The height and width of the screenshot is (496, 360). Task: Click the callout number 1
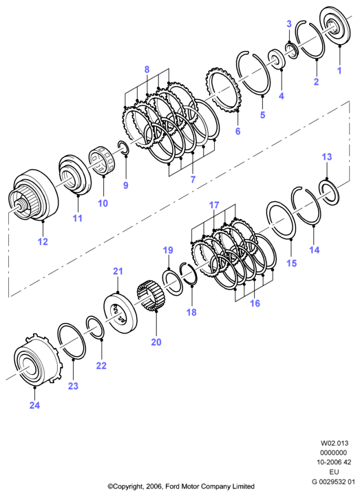tap(339, 70)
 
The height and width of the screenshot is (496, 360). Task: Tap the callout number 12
tap(43, 242)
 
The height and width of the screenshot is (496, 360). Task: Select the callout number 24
tap(35, 405)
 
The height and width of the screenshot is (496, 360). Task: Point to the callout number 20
tap(156, 342)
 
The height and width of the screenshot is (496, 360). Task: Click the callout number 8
tap(147, 70)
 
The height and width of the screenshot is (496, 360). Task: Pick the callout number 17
tap(214, 205)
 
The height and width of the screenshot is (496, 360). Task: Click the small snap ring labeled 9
tap(123, 148)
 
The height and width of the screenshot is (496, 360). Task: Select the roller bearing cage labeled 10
tap(103, 160)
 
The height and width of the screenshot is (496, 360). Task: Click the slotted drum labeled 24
tap(38, 359)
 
